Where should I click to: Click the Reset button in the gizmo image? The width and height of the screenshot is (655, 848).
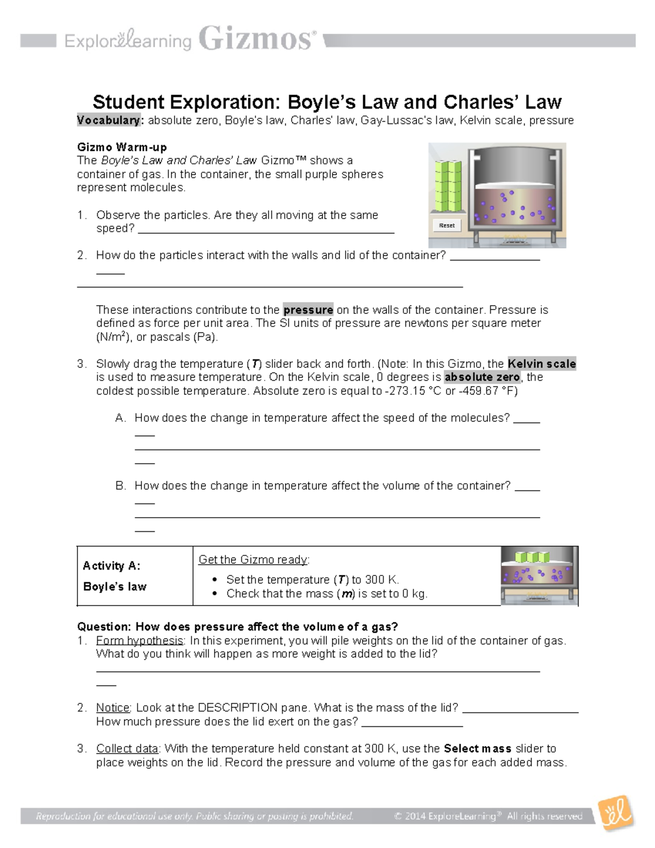click(446, 225)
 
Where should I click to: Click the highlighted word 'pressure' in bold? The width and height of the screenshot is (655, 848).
click(308, 310)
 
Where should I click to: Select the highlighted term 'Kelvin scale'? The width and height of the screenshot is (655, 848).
click(541, 364)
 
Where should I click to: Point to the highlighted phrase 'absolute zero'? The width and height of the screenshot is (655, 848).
click(483, 377)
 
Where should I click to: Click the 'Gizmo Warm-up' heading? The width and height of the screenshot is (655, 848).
click(122, 147)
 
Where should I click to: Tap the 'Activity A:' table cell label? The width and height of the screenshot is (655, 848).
click(111, 566)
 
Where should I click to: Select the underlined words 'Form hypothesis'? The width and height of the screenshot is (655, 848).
click(140, 641)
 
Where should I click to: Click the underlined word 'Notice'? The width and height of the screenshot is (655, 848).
click(113, 708)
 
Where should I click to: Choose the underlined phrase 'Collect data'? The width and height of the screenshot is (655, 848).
click(127, 749)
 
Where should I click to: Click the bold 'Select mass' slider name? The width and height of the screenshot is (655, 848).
click(478, 749)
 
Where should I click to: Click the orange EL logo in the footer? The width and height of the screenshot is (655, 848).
click(616, 814)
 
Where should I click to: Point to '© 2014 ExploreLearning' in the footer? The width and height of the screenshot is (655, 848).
click(445, 816)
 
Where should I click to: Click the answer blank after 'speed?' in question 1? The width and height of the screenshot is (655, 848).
click(266, 229)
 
